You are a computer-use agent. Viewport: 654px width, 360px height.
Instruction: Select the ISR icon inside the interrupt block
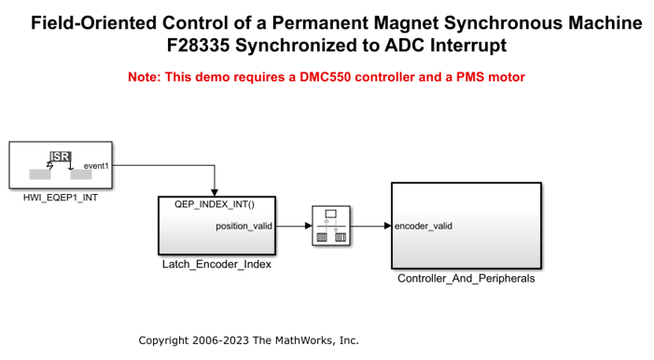pos(61,157)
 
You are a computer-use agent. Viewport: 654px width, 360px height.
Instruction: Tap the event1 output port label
pos(96,166)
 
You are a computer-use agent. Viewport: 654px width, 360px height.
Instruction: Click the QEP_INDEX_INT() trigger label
pos(215,203)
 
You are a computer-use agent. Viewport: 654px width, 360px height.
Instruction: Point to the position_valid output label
pos(244,226)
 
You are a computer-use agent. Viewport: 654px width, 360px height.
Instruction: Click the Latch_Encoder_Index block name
pos(216,264)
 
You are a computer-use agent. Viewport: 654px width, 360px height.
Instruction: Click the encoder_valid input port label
pos(424,226)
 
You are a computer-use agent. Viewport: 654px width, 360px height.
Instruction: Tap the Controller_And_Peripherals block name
pos(466,278)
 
